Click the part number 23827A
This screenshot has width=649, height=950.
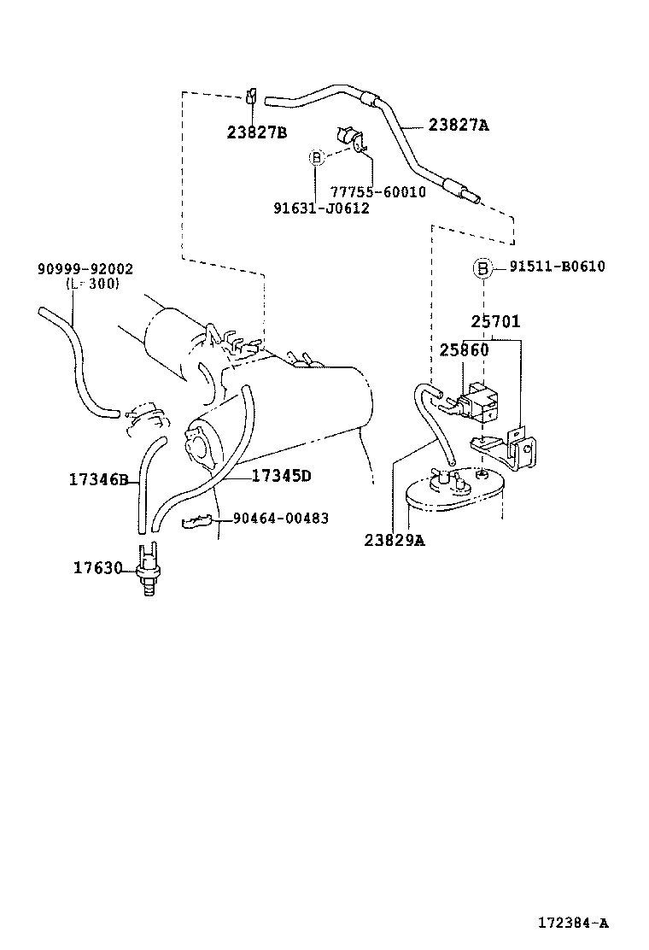[x=459, y=125]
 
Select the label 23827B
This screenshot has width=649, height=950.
[x=257, y=132]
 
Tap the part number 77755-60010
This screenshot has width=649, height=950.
[x=377, y=192]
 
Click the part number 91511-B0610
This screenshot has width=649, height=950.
[x=557, y=267]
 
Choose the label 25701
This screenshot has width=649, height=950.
[x=495, y=322]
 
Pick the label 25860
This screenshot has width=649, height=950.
[x=465, y=350]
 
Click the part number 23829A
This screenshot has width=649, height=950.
[x=394, y=540]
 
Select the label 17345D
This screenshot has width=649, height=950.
[x=282, y=476]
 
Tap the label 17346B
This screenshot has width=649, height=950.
[x=98, y=480]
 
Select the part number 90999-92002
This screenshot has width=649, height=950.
[x=85, y=269]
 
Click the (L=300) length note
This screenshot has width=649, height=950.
[x=92, y=284]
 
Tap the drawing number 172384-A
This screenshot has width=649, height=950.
[x=573, y=923]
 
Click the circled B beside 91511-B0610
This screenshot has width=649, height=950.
[x=482, y=268]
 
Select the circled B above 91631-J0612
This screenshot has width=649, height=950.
[x=316, y=157]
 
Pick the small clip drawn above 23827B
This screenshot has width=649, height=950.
[x=251, y=95]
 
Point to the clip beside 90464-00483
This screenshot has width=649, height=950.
[x=199, y=520]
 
